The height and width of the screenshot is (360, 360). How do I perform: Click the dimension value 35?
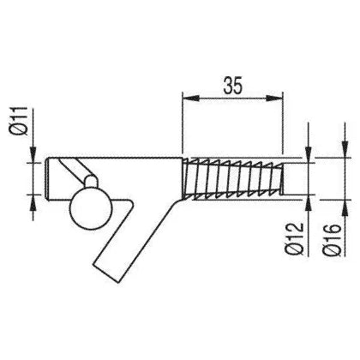pyautogui.click(x=233, y=86)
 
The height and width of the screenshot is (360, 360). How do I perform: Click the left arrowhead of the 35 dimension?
pyautogui.click(x=190, y=99)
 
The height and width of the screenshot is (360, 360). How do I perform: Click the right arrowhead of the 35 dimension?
pyautogui.click(x=274, y=99)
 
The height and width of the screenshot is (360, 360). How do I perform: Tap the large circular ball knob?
pyautogui.click(x=90, y=209)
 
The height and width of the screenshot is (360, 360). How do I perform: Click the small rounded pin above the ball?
pyautogui.click(x=91, y=181)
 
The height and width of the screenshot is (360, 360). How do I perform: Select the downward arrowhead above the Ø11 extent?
pyautogui.click(x=33, y=154)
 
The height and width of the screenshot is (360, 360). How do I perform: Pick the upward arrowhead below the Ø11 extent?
pyautogui.click(x=33, y=202)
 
